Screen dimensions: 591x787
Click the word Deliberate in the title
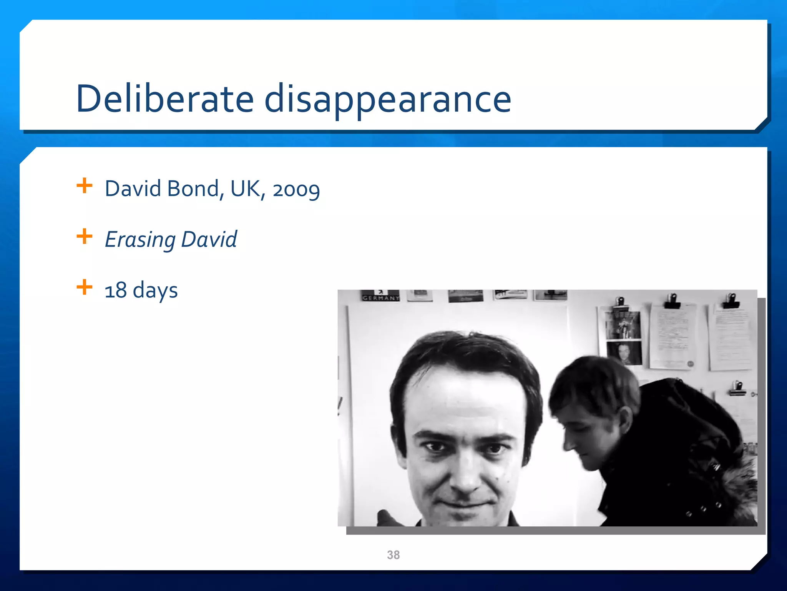165,99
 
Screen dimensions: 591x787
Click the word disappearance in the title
388,99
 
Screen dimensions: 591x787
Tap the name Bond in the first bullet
193,189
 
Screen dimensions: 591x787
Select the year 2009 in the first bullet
296,190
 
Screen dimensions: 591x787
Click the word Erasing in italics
140,240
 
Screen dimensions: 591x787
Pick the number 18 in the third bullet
115,290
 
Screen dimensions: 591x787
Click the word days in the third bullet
155,290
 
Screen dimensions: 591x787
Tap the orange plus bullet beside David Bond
85,186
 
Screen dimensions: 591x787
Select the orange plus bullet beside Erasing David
85,237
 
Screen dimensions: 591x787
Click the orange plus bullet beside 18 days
85,287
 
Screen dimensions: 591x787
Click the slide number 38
393,555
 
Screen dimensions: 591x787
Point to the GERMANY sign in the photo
381,297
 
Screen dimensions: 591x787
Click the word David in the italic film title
209,240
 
